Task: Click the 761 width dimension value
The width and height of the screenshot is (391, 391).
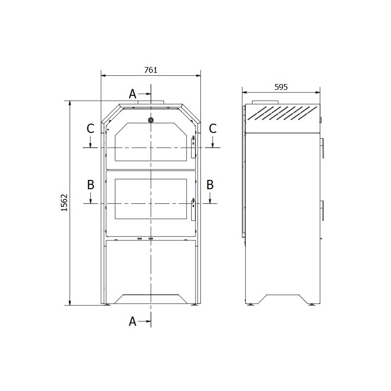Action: click(151, 70)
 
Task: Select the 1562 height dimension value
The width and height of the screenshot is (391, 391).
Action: click(65, 203)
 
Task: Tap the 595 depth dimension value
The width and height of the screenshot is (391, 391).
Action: click(281, 87)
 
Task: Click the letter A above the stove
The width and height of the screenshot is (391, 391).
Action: click(132, 94)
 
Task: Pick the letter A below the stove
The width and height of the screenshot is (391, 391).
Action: click(132, 322)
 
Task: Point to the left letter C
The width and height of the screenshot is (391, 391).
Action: click(90, 129)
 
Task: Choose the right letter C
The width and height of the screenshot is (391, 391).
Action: click(213, 129)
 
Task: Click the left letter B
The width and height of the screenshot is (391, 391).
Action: click(90, 185)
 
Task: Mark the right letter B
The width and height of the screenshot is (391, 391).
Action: click(210, 185)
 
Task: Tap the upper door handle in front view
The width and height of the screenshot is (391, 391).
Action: click(193, 147)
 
